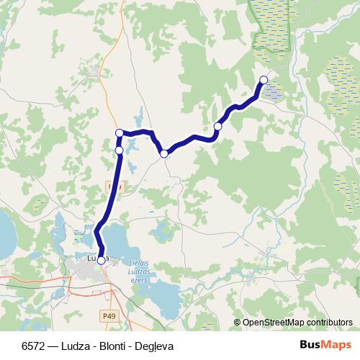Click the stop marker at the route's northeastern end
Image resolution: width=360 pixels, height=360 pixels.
tap(264, 80)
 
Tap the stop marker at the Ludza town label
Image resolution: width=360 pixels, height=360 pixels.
tap(101, 261)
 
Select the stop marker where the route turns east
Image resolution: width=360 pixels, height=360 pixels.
tap(120, 132)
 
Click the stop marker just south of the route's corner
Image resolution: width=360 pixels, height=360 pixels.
tap(119, 150)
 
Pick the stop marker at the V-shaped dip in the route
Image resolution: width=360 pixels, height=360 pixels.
tap(164, 153)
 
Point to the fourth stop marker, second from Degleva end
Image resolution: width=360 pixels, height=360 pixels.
tap(217, 127)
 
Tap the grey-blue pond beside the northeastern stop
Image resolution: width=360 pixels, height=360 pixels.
tap(274, 91)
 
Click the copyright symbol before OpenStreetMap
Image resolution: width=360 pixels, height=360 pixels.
tap(238, 323)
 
